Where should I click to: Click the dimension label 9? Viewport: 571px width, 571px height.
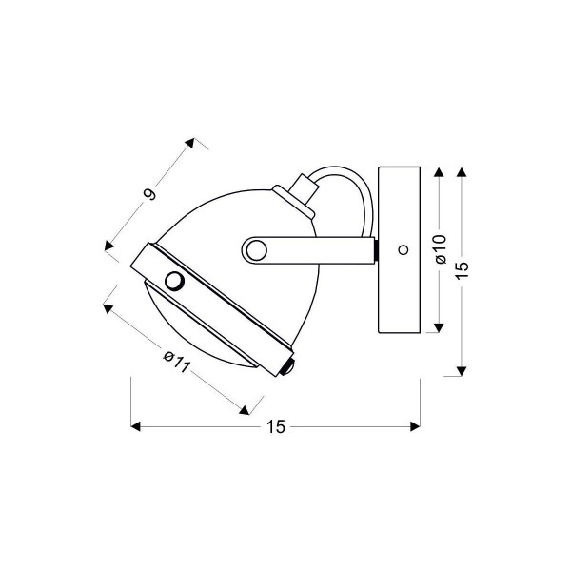(150, 194)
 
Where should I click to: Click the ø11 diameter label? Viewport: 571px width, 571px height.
(177, 362)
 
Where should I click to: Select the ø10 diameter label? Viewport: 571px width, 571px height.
(441, 249)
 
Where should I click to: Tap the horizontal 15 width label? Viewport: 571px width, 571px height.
(276, 426)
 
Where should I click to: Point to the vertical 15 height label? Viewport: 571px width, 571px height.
(462, 270)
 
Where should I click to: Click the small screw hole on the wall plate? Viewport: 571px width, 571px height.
(404, 249)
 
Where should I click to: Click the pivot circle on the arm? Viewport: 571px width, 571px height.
(256, 250)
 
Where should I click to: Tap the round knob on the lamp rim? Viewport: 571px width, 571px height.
(174, 281)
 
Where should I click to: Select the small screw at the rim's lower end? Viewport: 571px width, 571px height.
(288, 366)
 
